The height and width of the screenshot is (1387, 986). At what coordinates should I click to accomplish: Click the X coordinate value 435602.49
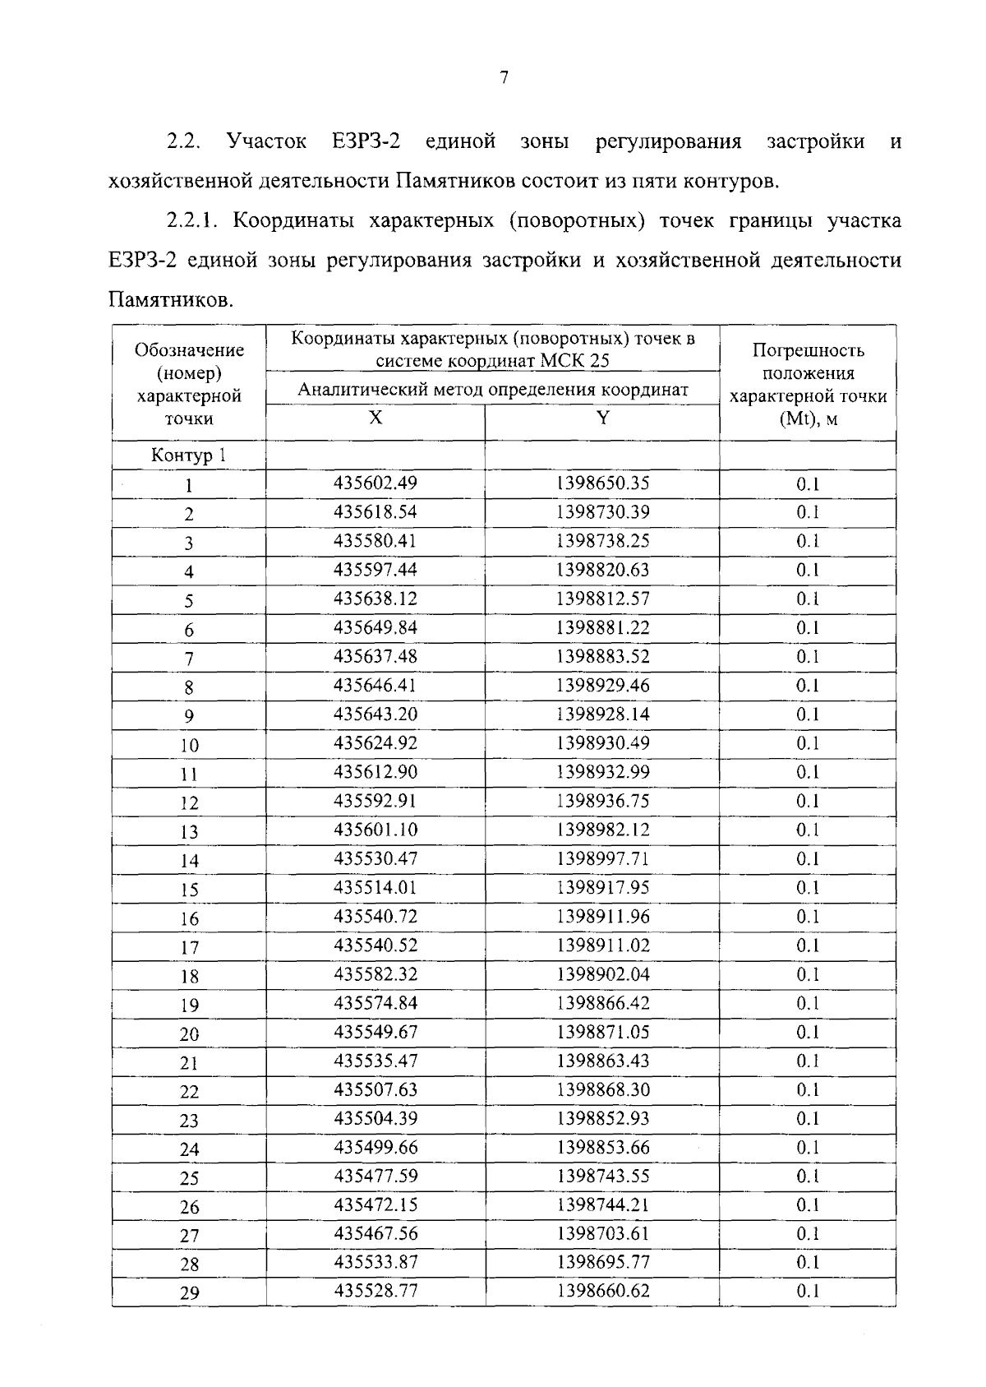click(376, 483)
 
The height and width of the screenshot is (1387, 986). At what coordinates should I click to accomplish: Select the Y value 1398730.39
click(602, 511)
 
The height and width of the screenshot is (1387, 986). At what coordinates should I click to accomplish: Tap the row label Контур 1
click(188, 455)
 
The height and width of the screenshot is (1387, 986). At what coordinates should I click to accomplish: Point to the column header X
click(375, 418)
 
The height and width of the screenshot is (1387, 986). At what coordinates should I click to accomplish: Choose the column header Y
click(602, 418)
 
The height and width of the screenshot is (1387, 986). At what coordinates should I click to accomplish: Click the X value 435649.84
click(376, 627)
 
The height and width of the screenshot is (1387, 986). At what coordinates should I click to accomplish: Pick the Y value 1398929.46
click(602, 685)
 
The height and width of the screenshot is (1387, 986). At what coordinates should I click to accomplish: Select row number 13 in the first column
click(189, 832)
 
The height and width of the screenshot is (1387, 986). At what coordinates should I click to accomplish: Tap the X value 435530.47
click(376, 858)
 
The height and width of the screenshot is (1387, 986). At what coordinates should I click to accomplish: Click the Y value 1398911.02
click(602, 945)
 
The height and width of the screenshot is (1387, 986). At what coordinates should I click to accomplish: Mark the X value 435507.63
click(376, 1089)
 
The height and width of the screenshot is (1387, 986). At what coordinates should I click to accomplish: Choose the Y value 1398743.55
click(602, 1176)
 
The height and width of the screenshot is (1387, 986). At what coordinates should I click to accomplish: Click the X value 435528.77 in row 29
click(376, 1291)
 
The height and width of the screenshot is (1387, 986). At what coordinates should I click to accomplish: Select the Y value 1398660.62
click(602, 1291)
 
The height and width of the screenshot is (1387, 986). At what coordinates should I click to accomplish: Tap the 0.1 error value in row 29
click(808, 1291)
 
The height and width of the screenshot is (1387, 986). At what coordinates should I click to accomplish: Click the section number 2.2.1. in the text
click(194, 221)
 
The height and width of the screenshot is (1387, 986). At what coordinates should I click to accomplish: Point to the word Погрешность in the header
click(808, 350)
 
